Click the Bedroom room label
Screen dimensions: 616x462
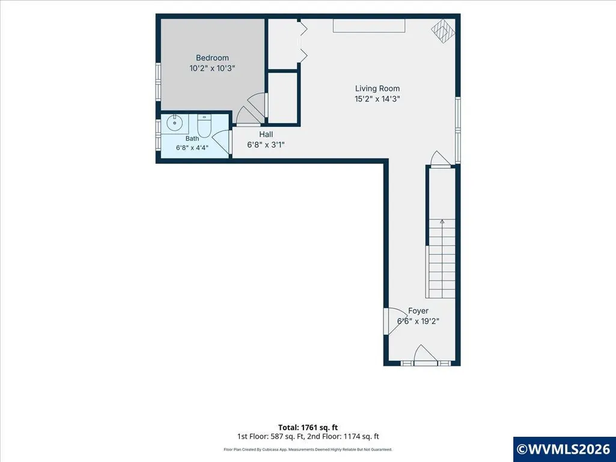click(x=212, y=58)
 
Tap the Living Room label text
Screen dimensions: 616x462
click(x=377, y=89)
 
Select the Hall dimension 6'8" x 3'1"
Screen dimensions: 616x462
click(x=266, y=145)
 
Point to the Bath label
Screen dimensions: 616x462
click(x=192, y=138)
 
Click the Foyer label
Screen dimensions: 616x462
click(x=418, y=311)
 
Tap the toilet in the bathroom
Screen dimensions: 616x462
click(x=204, y=126)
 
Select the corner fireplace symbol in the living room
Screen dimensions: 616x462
click(x=443, y=31)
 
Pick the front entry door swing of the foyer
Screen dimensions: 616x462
click(x=425, y=354)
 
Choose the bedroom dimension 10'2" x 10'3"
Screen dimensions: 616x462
click(x=212, y=68)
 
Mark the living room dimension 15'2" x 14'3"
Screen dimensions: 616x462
click(x=377, y=99)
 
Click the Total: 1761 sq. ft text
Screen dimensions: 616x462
click(x=308, y=427)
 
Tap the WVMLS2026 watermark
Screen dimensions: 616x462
click(x=564, y=449)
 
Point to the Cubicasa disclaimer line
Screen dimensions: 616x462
click(x=308, y=449)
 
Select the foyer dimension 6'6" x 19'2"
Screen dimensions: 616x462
click(x=418, y=321)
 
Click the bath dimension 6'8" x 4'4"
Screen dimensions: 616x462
click(x=192, y=148)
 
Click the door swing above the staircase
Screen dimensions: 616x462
click(x=441, y=159)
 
